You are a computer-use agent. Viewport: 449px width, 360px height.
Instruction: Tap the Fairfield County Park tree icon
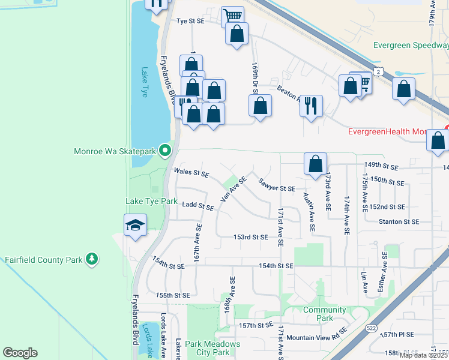coord(91,259)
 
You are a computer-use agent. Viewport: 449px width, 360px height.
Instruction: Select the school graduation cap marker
coord(135,226)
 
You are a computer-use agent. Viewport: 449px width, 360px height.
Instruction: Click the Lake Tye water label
coord(144,83)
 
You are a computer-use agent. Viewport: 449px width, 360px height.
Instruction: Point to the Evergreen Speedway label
coord(410,44)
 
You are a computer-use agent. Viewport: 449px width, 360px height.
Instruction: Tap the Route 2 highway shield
coord(379,71)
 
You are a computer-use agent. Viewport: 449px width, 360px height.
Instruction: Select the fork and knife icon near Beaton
coord(310,106)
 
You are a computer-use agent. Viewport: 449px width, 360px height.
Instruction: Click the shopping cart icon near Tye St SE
coord(232,16)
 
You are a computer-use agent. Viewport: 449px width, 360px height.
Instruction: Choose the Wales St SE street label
coord(191,173)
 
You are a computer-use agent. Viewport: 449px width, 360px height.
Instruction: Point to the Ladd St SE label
coord(198,206)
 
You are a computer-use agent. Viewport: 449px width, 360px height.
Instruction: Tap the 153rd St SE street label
coord(250,237)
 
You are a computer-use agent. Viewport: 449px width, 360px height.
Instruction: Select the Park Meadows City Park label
coord(212,348)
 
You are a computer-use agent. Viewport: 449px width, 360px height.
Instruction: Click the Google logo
coord(20,353)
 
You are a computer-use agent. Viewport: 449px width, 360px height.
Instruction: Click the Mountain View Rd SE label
coord(317,338)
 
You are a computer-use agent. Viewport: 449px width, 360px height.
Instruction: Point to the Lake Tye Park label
coord(151,201)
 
